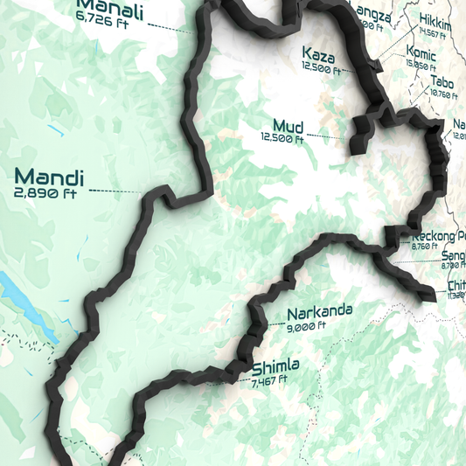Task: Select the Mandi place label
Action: [49, 176]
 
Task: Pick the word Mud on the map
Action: [287, 125]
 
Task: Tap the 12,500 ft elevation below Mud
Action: [282, 137]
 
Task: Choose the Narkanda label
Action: [319, 311]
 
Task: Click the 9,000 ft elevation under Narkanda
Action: [306, 325]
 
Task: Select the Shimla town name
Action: [275, 367]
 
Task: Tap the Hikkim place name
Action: [435, 21]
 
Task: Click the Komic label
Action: [421, 52]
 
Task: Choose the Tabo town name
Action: [441, 82]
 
